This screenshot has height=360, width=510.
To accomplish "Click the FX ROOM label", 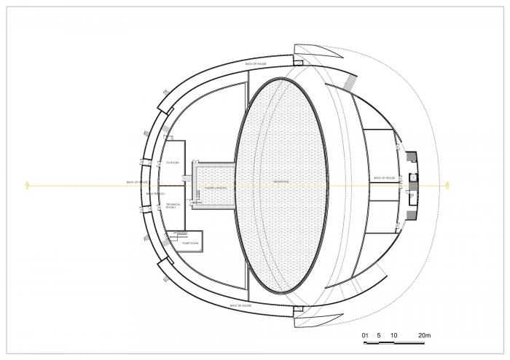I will [x=173, y=162].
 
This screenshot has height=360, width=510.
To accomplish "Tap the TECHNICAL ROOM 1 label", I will [x=173, y=206].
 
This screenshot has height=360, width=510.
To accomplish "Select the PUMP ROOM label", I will [x=190, y=242].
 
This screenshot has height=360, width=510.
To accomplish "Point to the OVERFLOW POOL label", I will [x=216, y=187].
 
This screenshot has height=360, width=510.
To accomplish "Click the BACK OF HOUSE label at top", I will [x=256, y=64].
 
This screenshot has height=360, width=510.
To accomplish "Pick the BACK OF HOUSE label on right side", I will [x=384, y=178].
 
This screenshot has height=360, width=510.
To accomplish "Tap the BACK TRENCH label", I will [x=156, y=194].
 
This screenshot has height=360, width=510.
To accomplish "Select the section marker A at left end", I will [x=28, y=185].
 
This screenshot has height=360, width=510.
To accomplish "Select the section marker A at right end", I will [x=446, y=185].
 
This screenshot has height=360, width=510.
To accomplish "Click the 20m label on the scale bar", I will [x=424, y=335].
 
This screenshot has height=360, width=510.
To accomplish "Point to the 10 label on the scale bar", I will [x=394, y=335].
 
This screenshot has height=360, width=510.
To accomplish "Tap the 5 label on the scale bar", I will [x=379, y=335].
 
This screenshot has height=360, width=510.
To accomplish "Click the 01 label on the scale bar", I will [x=366, y=335].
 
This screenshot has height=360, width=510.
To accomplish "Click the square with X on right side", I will [x=413, y=176].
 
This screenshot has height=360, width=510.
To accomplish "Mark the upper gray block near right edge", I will [x=412, y=157].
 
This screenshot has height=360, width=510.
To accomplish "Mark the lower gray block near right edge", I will [x=410, y=197].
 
